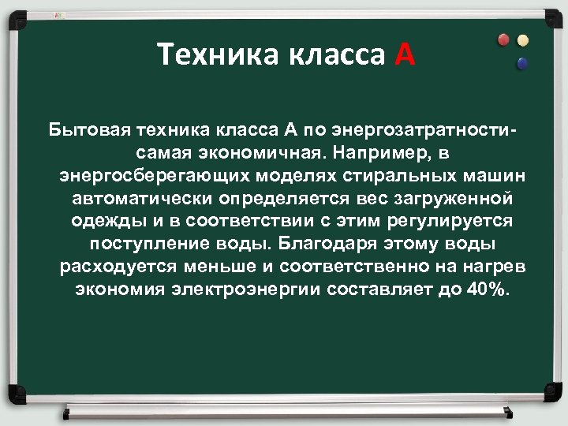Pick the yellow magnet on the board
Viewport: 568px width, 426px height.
point(522,39)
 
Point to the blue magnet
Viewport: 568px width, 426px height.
point(521,62)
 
